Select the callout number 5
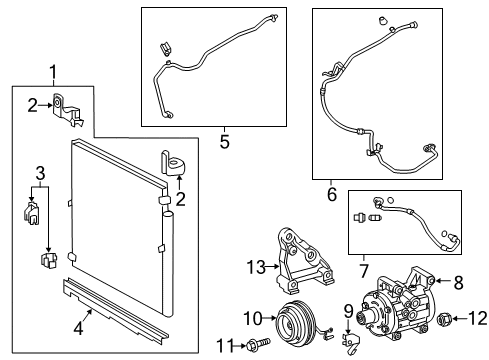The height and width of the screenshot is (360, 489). click(x=224, y=142)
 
